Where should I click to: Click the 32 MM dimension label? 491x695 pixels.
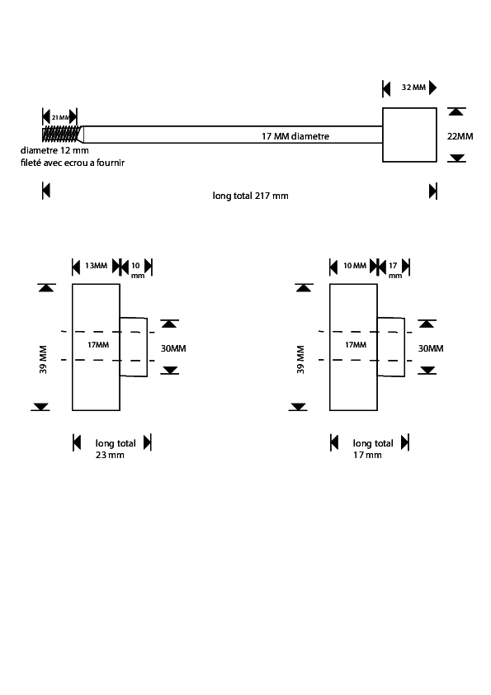tap(413, 87)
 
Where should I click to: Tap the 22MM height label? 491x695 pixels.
tap(460, 136)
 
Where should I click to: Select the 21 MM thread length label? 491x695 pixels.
tap(61, 117)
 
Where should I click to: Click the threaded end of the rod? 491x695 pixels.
tap(63, 135)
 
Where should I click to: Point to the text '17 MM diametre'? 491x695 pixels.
tap(295, 136)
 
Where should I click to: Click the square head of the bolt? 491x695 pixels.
tap(409, 135)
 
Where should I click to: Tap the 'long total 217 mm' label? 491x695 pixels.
tap(250, 196)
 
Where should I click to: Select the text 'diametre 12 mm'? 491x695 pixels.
tap(54, 150)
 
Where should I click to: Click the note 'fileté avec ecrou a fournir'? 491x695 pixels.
tap(73, 163)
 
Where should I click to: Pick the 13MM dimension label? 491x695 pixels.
tap(97, 266)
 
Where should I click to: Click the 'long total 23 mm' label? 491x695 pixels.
tap(116, 448)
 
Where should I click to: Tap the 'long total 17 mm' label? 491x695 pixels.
tap(373, 448)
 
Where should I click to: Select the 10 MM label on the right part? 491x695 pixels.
tap(355, 266)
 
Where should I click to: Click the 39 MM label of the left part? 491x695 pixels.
tap(43, 359)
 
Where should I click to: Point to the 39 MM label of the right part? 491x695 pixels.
tap(300, 359)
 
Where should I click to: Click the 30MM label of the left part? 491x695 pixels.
tap(173, 348)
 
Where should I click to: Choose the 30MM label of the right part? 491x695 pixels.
tap(431, 348)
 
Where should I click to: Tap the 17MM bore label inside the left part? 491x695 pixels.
tap(98, 345)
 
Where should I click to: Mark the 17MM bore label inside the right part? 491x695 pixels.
tap(356, 345)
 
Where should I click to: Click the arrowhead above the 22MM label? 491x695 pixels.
tap(456, 111)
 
